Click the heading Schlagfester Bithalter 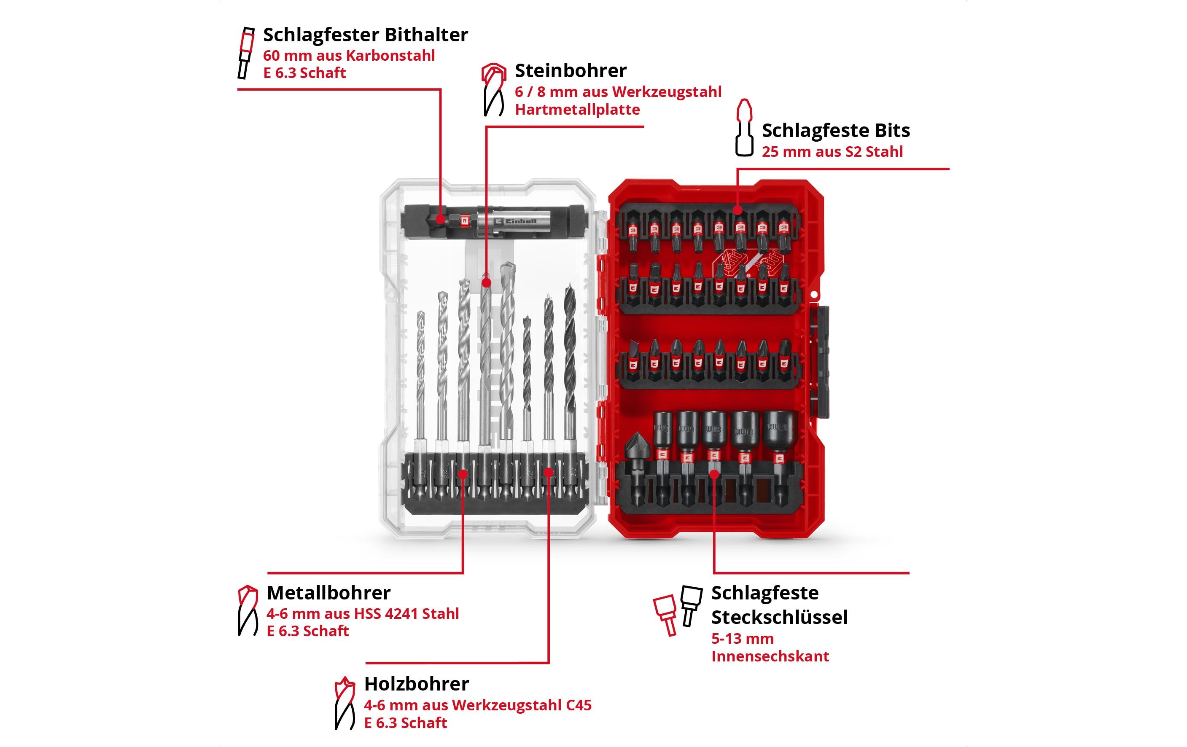365,35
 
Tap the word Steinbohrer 571,71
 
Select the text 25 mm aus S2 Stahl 832,152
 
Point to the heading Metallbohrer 328,593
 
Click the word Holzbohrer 417,684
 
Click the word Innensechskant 770,656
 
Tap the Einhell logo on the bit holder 516,221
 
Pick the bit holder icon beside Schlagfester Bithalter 245,53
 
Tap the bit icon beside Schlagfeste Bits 744,128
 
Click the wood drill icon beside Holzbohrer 345,703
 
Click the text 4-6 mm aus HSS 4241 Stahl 362,614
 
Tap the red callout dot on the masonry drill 487,283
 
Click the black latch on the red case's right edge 821,362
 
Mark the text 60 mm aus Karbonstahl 348,56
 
